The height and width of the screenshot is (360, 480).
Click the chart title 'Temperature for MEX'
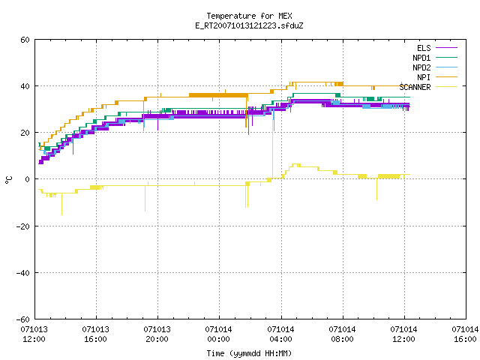pos(249,16)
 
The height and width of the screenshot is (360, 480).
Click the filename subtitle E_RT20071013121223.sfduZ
pos(249,25)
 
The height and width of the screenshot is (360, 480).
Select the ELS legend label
pos(424,48)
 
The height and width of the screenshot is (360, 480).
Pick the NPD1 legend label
pos(421,58)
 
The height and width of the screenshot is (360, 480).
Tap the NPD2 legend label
pos(421,67)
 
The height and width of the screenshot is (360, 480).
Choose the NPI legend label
pos(424,77)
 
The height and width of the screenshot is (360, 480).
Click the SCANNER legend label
pos(415,87)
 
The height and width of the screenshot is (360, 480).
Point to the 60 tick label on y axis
pos(25,40)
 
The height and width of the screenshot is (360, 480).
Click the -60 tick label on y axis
pos(23,319)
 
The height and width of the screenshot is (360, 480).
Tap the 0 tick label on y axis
pos(28,179)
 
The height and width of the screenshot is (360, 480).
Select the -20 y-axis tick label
pos(23,226)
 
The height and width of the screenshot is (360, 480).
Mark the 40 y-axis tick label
pos(25,86)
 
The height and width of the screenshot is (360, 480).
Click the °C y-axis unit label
pos(8,180)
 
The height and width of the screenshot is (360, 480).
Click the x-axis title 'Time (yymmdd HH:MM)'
pos(249,353)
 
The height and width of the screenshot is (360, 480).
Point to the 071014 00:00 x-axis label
pos(218,334)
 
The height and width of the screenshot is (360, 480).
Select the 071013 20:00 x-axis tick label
pos(157,334)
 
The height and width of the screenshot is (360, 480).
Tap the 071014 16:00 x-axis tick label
pos(465,334)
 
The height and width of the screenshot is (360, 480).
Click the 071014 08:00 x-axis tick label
pos(342,334)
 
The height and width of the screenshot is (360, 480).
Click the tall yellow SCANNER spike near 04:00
pos(272,149)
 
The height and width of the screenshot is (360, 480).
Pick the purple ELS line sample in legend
pos(447,48)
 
